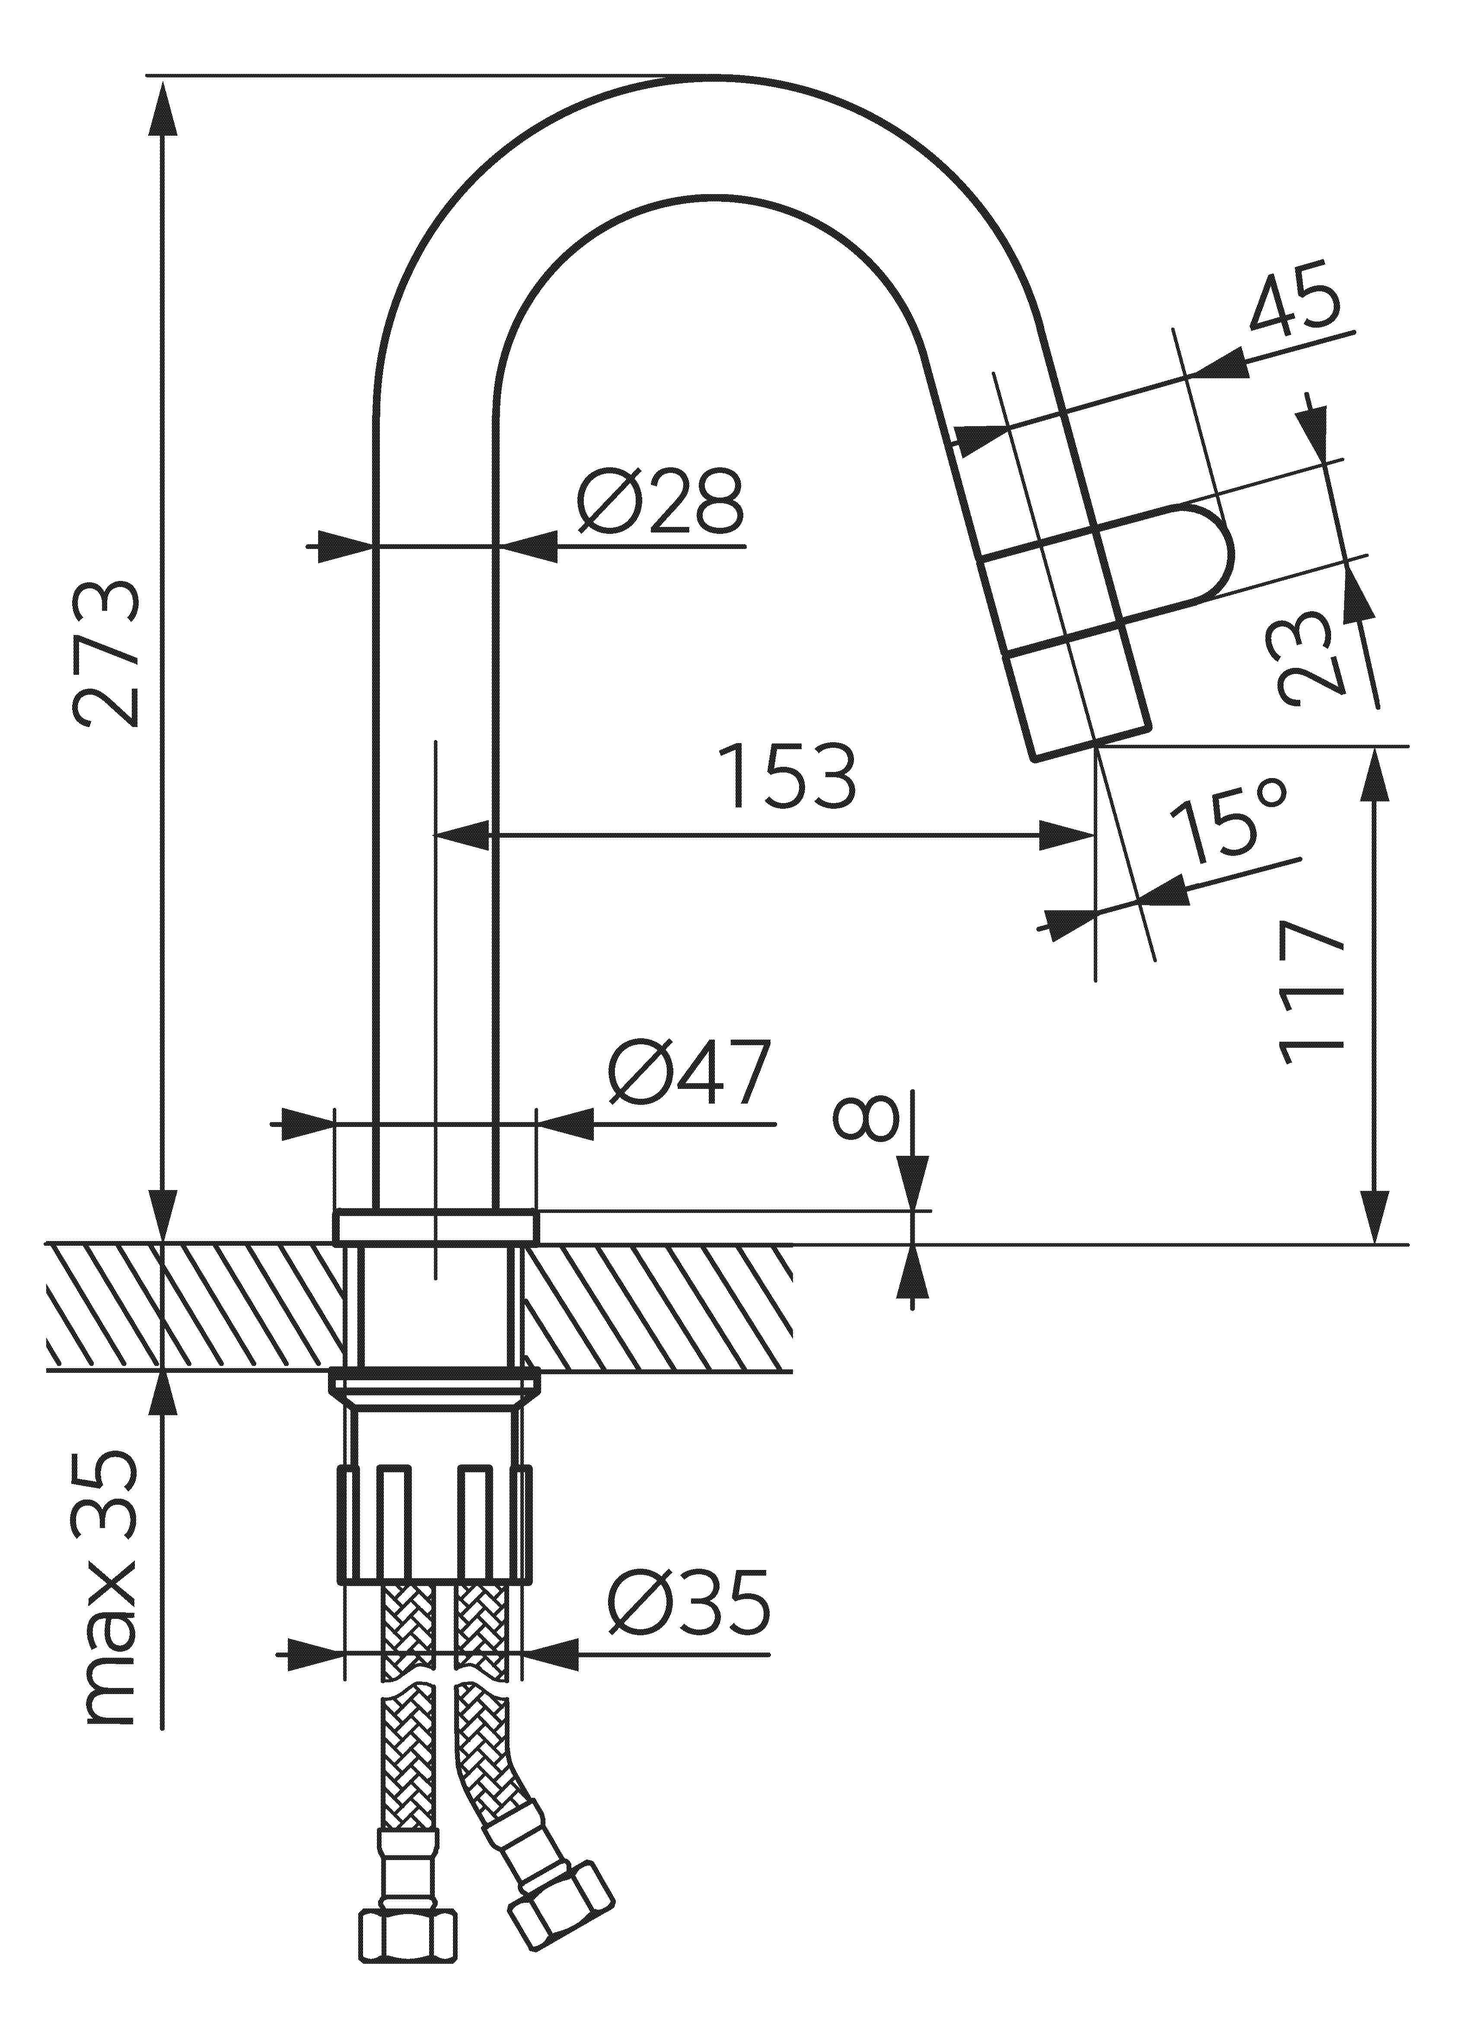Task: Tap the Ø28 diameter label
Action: (x=660, y=501)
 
